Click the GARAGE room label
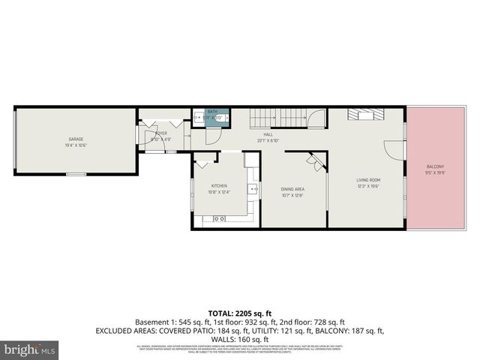[x=76, y=139]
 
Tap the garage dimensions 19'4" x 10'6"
[x=76, y=145]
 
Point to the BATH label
[x=212, y=111]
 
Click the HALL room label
[x=268, y=134]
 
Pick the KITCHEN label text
[x=219, y=185]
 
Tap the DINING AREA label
[x=292, y=189]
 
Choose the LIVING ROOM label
[x=368, y=180]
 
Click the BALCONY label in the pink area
[x=436, y=166]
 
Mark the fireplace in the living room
[x=368, y=114]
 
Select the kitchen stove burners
[x=218, y=218]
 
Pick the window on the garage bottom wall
[x=76, y=174]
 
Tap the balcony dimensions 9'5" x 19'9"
[x=436, y=172]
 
